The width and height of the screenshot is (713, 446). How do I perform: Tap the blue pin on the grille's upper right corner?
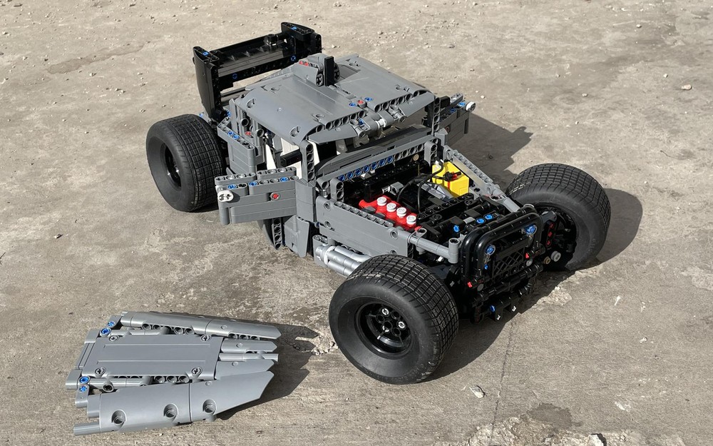tap(531, 230)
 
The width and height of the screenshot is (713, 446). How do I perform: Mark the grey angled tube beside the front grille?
tap(435, 247)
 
